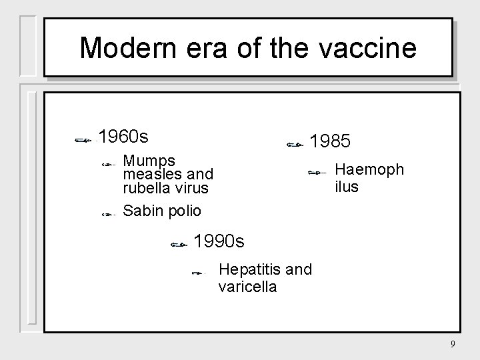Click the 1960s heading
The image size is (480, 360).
click(x=123, y=137)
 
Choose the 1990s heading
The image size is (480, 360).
click(x=218, y=241)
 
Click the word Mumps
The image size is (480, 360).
click(x=149, y=161)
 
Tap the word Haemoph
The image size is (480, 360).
click(x=369, y=169)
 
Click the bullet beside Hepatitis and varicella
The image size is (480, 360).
click(x=197, y=273)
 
